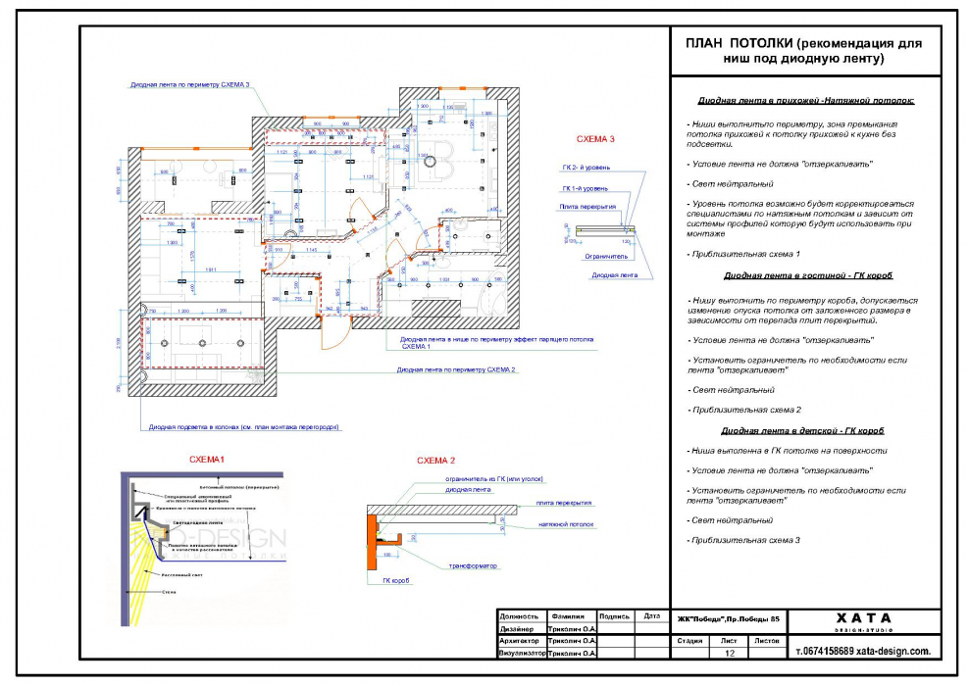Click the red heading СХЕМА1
tap(207, 460)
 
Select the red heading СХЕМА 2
tap(436, 460)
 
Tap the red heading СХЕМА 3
tap(595, 138)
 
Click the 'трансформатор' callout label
tap(474, 565)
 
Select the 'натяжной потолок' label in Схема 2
tap(567, 524)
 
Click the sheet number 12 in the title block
tap(729, 652)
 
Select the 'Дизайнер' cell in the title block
tap(517, 629)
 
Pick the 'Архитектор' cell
tap(521, 641)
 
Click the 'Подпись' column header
tap(614, 616)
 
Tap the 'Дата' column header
tap(651, 616)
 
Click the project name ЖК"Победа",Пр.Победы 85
tap(729, 619)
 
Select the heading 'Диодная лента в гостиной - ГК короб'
tap(807, 275)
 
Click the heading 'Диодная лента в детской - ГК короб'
tap(806, 430)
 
